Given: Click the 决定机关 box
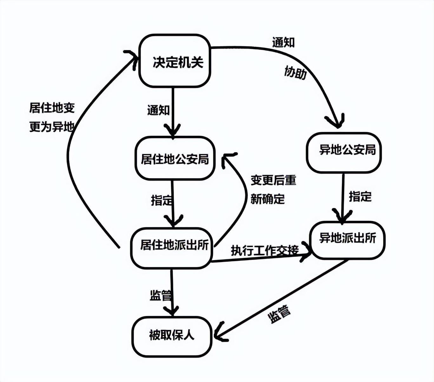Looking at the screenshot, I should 175,61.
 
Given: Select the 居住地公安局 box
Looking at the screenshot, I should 175,158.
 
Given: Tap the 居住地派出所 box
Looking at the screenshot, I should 172,248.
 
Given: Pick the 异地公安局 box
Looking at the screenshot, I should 344,153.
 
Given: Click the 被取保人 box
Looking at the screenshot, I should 172,336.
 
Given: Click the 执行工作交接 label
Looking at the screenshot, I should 265,250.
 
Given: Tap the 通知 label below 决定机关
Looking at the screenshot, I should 158,110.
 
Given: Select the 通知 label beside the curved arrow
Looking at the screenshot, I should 283,42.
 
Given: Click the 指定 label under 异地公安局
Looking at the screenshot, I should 360,196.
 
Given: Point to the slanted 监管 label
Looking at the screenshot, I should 279,313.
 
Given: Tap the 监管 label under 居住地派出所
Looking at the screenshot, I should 161,295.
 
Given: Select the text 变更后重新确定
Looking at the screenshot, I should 273,189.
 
